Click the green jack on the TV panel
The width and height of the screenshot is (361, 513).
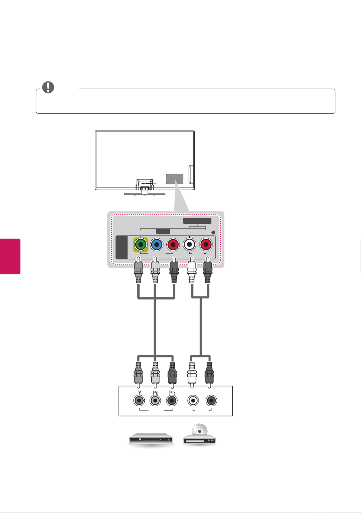(x=141, y=245)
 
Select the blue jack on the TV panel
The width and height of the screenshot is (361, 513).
(x=157, y=245)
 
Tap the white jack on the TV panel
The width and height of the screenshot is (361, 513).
(x=189, y=245)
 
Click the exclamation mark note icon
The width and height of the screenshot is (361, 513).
(x=48, y=87)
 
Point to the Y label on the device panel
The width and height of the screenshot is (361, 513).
(x=139, y=393)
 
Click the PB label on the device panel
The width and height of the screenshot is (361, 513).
(x=156, y=393)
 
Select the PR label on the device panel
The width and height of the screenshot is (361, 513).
(x=172, y=393)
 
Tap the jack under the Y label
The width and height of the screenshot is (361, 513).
(x=139, y=401)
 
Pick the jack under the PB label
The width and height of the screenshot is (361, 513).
(x=155, y=401)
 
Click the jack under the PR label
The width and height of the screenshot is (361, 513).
(x=172, y=401)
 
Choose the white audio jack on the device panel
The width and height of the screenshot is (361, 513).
(x=193, y=401)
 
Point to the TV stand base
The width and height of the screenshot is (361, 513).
(x=145, y=194)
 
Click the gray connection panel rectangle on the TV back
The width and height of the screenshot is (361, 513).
(x=174, y=179)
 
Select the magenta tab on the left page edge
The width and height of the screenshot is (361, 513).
(x=10, y=256)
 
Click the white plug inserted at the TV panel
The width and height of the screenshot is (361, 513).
(x=192, y=270)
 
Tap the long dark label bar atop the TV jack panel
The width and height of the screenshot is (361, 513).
(x=197, y=221)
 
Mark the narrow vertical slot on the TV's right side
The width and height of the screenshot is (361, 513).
(x=191, y=174)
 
